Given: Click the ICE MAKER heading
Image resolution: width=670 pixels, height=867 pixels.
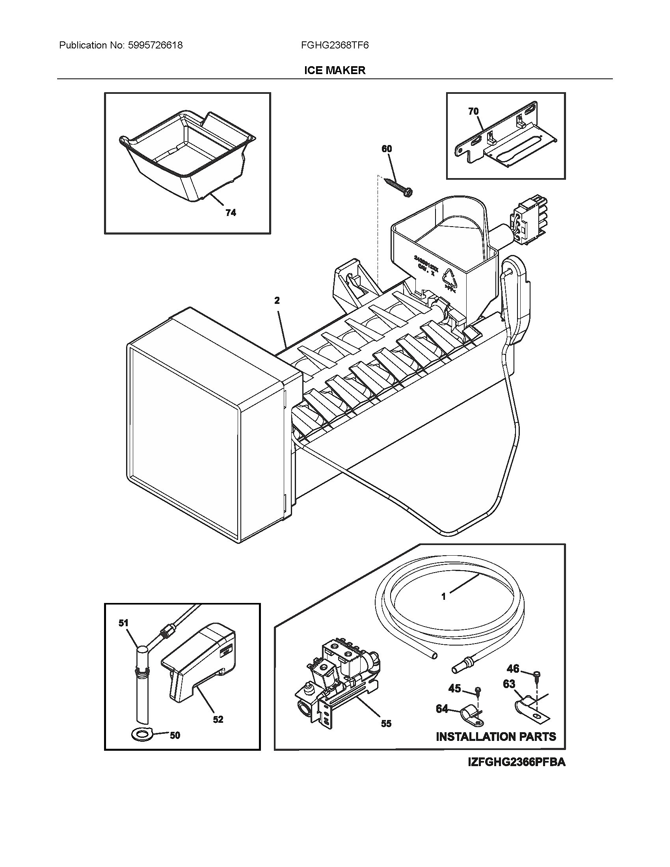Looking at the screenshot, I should coord(335,70).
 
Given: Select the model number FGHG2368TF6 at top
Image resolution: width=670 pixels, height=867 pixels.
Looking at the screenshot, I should coord(335,45).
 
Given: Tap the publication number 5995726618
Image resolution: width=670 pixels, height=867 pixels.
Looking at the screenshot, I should coord(156,45).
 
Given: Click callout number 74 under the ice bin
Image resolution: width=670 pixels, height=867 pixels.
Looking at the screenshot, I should coord(231,213).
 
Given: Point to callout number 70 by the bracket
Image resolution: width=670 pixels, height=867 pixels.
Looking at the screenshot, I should coord(473,112).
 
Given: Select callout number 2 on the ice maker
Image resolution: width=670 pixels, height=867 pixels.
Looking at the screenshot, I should coord(277,301).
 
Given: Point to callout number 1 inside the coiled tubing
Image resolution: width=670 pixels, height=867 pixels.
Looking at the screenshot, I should coord(444,608).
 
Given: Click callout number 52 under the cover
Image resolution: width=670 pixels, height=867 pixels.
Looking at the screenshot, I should coord(218,719).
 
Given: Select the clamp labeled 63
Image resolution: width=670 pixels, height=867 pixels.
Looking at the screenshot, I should coord(528,706).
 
